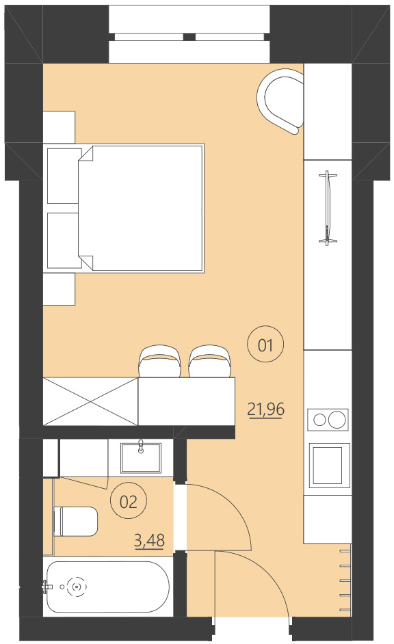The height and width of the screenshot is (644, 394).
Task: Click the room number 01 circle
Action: [265, 345]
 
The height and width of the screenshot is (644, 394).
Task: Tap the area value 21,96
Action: [265, 410]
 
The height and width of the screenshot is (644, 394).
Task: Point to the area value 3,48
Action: [150, 542]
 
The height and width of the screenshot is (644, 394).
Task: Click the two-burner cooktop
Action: [328, 418]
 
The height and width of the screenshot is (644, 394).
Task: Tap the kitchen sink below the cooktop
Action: [329, 465]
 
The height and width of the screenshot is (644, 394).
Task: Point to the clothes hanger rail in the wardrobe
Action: [329, 208]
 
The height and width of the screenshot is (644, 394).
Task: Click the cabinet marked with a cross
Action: [90, 401]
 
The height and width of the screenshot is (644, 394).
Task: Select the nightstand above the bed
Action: [59, 128]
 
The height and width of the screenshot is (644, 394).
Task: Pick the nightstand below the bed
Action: [59, 289]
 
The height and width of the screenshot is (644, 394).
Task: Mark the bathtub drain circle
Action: [77, 586]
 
